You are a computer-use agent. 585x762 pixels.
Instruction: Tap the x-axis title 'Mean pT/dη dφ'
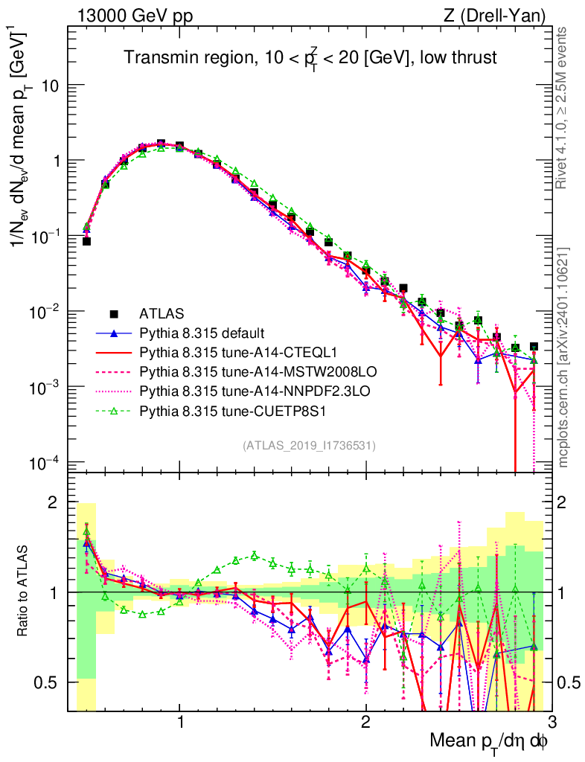point(490,741)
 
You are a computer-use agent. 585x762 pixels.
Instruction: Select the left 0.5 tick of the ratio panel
point(52,682)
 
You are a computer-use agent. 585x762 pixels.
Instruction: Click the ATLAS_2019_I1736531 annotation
point(308,446)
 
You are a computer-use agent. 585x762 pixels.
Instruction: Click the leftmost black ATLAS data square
point(86,241)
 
